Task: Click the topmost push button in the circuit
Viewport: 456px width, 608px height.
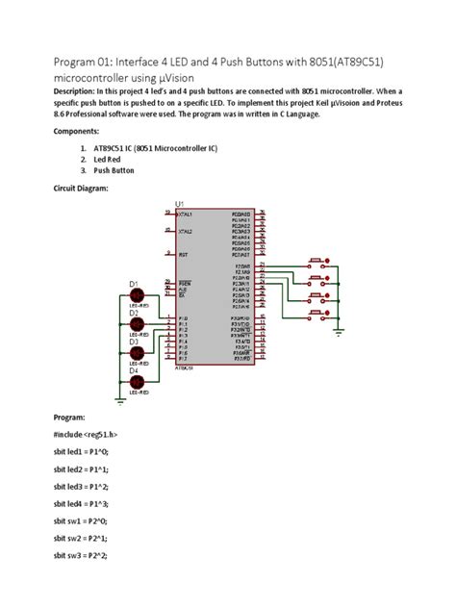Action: pos(315,261)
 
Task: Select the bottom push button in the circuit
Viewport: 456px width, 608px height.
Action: pos(315,315)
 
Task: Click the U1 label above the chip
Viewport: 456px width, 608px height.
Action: pos(180,202)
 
